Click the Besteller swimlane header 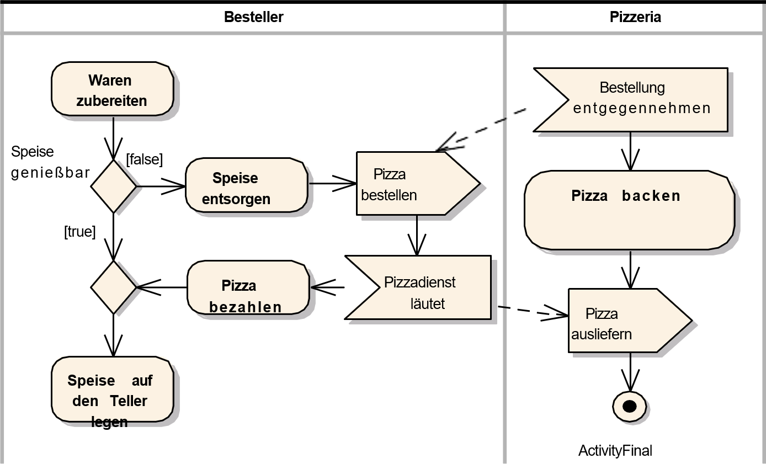click(253, 17)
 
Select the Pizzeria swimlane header click(635, 17)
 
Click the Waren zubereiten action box click(112, 90)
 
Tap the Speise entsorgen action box click(246, 188)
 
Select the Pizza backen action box click(629, 210)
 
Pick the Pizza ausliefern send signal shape click(624, 321)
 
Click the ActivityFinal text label click(615, 451)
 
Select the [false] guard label click(145, 159)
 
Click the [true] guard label click(80, 232)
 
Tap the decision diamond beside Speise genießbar click(113, 186)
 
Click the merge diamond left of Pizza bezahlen click(113, 287)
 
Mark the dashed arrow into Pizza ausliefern click(533, 312)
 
